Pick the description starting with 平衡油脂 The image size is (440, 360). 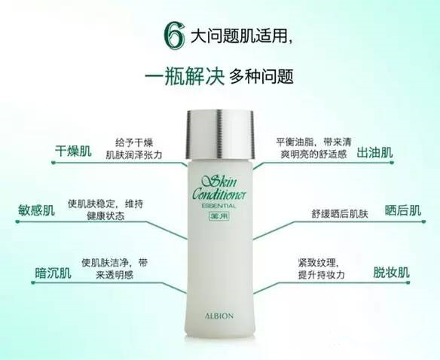pos(312,145)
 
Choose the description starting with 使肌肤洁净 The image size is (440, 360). pos(115,269)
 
